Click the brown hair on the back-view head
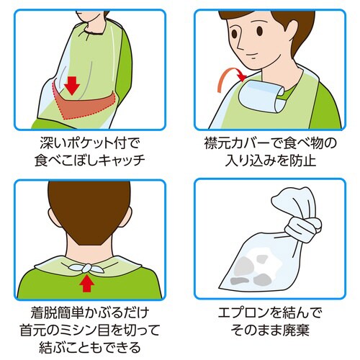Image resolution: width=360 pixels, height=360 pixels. [x=88, y=209]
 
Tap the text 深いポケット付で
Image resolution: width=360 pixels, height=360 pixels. [x=89, y=143]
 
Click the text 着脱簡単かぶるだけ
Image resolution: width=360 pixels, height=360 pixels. [x=89, y=314]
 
